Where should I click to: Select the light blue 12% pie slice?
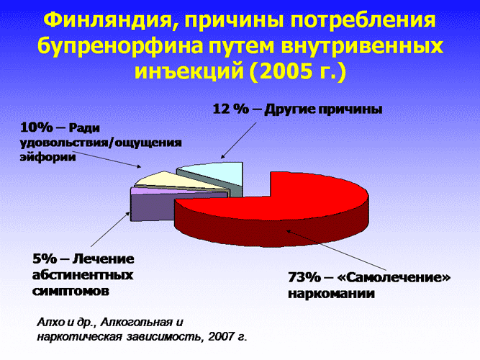click(x=220, y=175)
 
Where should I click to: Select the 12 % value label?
click(x=230, y=109)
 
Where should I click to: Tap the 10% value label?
click(x=37, y=127)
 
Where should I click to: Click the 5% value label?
click(x=45, y=259)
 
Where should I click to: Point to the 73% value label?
click(x=304, y=278)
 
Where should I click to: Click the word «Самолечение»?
click(x=394, y=278)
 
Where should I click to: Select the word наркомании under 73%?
click(x=332, y=294)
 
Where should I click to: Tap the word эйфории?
click(x=47, y=158)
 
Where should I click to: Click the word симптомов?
click(x=71, y=291)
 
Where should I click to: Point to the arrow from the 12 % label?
click(x=238, y=140)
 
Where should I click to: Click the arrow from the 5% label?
click(x=110, y=229)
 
